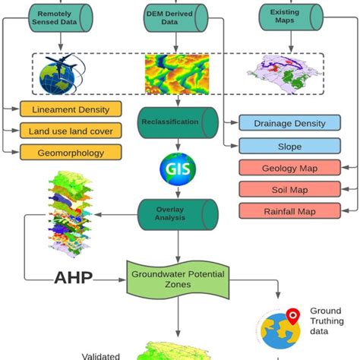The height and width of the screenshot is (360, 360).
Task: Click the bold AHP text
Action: tap(73, 277)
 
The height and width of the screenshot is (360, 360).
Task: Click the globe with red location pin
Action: tap(279, 327)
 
